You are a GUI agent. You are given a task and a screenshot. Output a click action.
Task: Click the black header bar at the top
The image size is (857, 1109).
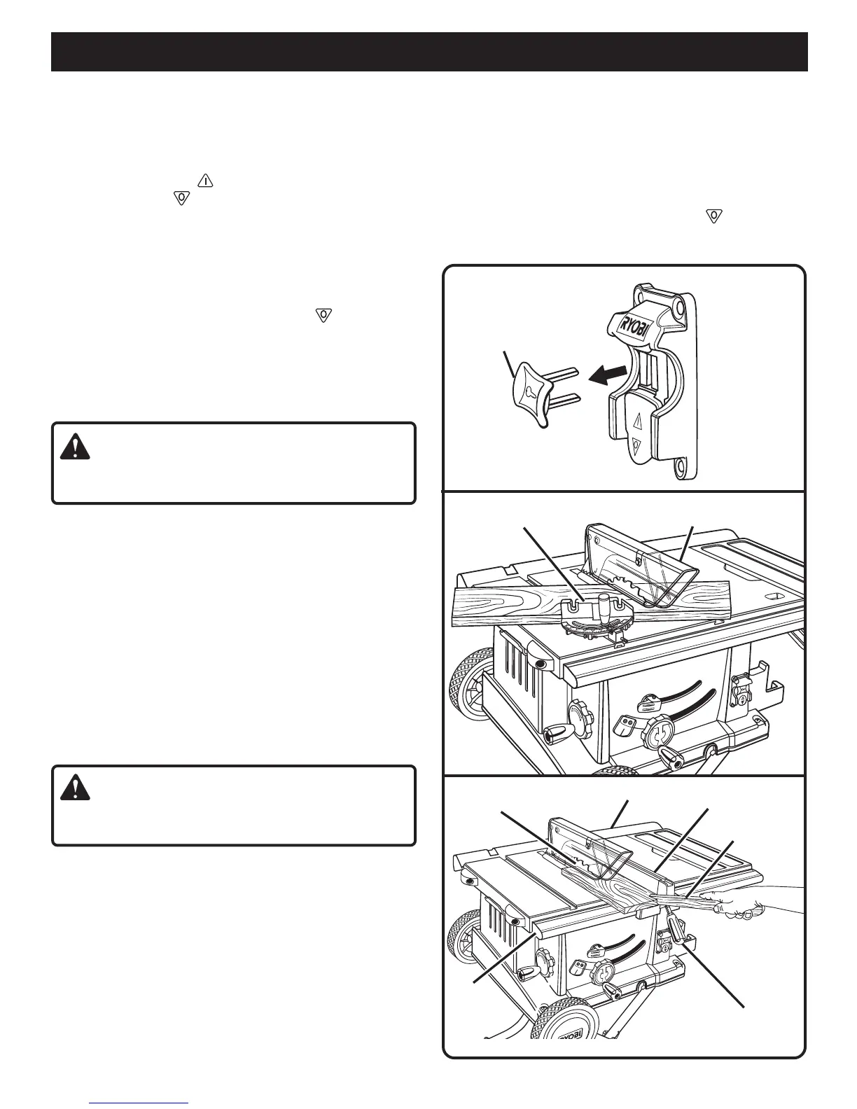tap(429, 51)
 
